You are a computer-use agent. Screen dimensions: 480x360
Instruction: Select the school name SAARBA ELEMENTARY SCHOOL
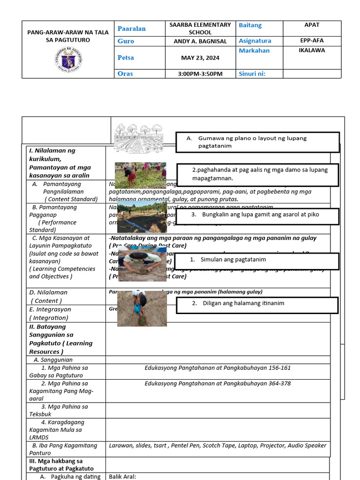coord(200,29)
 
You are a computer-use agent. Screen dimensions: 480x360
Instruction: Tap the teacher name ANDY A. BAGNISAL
coord(200,41)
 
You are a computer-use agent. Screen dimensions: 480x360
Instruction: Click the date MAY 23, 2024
coord(200,58)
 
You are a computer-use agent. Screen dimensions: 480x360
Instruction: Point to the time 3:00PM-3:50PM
coord(200,74)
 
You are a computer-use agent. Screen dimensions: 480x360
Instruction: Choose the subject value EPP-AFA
coord(312,41)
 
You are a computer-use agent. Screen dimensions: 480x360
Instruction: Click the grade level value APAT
coord(312,25)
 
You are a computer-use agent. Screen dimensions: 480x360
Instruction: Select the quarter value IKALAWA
coord(312,50)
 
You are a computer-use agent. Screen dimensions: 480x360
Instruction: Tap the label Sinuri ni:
coord(252,74)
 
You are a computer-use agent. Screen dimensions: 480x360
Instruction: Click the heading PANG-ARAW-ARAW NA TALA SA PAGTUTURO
coord(68,36)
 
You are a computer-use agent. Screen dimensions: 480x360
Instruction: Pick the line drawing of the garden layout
coord(143,138)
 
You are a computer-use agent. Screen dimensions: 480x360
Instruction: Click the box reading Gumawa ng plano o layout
coord(257,142)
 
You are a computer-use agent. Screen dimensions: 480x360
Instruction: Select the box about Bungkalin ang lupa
coord(257,215)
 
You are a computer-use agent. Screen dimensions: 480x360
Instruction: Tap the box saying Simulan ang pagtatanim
coord(257,260)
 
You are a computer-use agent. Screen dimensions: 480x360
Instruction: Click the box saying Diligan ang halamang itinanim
coord(257,303)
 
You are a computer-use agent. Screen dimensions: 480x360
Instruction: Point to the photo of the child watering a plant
coord(142,308)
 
